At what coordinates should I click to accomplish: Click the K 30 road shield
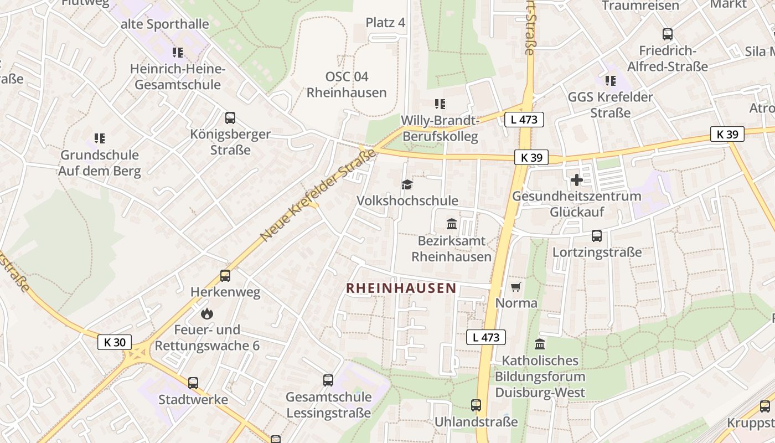[115, 342]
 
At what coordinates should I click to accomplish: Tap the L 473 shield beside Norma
[486, 337]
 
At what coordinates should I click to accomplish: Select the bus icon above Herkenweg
[225, 276]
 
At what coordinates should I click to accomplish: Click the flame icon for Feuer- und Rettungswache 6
[207, 314]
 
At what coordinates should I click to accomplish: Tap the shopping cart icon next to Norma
[516, 287]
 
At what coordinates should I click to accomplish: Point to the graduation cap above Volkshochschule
[407, 184]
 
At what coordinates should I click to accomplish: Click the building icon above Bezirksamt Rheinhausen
[452, 224]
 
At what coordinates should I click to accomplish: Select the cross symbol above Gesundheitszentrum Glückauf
[576, 180]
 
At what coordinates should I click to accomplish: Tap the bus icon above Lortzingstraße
[597, 236]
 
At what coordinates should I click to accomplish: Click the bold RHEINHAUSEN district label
[401, 288]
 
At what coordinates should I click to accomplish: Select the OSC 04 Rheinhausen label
[347, 84]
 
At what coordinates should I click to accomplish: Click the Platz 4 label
[386, 23]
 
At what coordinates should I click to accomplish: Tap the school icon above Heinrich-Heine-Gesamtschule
[177, 53]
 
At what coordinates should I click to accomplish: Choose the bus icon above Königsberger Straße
[230, 118]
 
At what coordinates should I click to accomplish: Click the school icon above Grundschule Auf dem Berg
[100, 138]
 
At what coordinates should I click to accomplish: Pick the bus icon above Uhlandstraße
[476, 405]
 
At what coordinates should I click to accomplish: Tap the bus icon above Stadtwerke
[193, 383]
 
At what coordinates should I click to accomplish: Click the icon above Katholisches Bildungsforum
[540, 344]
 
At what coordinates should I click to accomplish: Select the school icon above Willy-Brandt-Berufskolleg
[440, 104]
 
